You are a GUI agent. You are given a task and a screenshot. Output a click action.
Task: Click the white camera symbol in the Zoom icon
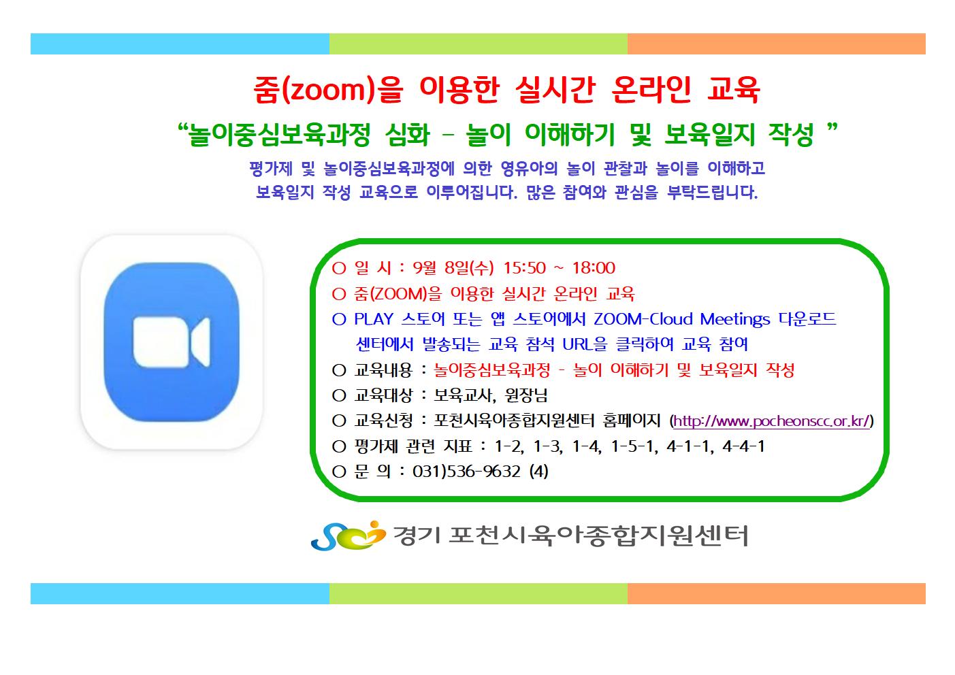[172, 342]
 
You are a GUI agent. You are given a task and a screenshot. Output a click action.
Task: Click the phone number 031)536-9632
[466, 472]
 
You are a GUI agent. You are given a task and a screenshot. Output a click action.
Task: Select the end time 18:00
[594, 268]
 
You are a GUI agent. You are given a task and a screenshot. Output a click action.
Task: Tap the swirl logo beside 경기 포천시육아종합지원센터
[348, 536]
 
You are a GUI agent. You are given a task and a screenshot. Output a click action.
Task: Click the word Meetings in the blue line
[735, 320]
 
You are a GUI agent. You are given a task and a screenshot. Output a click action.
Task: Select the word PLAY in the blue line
[374, 319]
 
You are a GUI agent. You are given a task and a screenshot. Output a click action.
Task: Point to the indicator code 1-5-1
[634, 446]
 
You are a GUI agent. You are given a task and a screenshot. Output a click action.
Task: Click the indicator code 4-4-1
[743, 446]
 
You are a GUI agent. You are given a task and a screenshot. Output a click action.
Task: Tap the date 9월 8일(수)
[453, 268]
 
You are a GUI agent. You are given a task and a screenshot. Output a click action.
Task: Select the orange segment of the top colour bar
[777, 44]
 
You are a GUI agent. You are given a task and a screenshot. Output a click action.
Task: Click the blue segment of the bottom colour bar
[180, 593]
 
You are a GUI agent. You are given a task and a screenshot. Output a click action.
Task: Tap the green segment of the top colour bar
[479, 44]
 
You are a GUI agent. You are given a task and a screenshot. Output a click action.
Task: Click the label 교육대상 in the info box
[383, 395]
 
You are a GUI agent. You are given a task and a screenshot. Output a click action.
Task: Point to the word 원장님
[526, 396]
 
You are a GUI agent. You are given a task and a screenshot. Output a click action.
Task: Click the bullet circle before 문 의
[339, 472]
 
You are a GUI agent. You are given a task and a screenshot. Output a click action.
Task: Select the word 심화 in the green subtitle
[407, 135]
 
